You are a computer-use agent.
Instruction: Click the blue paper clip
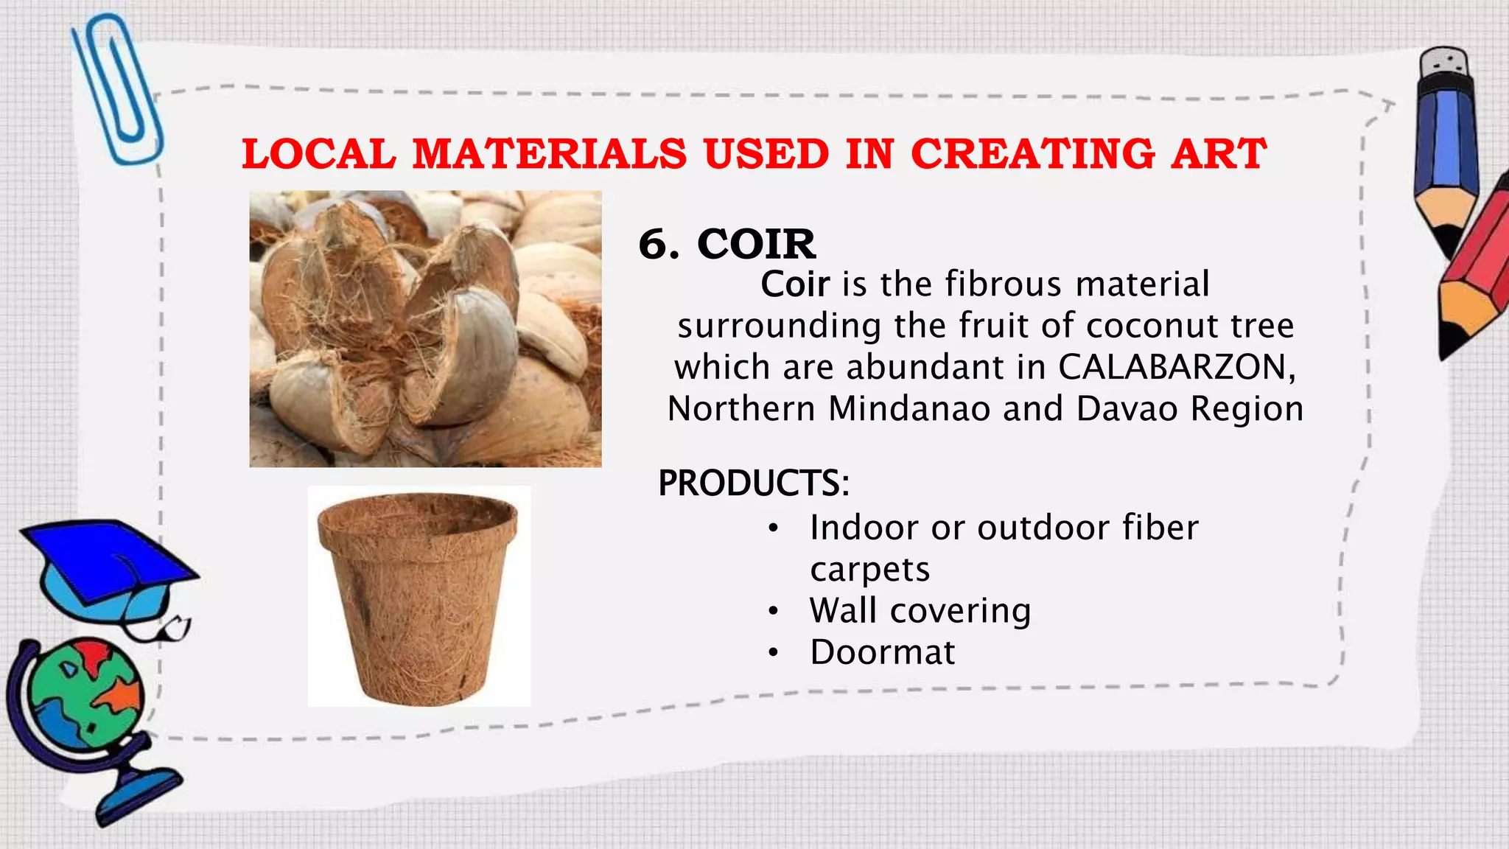tap(118, 88)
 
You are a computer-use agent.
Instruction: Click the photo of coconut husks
tap(425, 329)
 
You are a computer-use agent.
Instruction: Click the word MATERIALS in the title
tap(549, 155)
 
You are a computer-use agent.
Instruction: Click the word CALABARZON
tap(1176, 367)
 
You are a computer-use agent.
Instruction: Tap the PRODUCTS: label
tap(754, 483)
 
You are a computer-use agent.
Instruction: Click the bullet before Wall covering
tap(772, 611)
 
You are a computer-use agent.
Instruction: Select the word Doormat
tap(882, 652)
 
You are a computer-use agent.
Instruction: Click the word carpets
tap(869, 570)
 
